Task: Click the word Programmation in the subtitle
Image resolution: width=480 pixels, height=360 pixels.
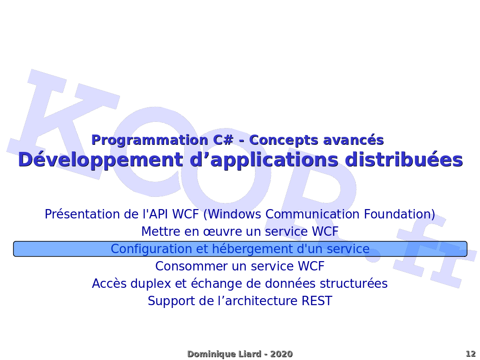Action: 150,141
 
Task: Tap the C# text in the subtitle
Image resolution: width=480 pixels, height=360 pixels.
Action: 223,140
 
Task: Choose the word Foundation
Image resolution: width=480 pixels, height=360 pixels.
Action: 397,214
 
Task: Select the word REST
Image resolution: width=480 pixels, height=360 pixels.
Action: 316,301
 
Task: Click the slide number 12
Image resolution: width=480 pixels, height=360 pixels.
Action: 471,354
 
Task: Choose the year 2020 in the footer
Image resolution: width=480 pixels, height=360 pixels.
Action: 281,354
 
